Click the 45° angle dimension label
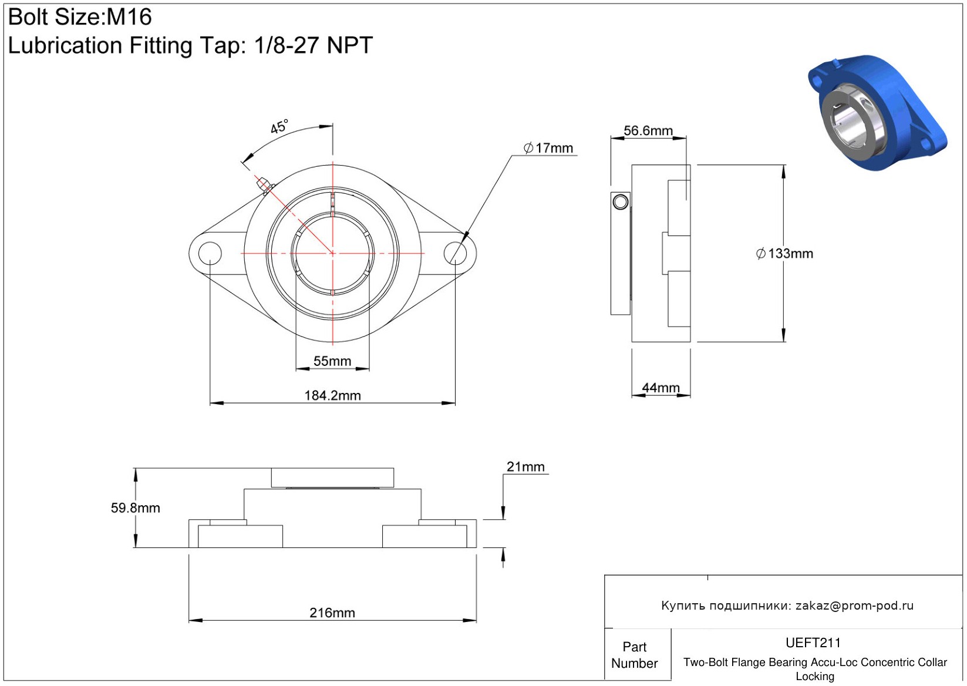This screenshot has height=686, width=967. tap(279, 126)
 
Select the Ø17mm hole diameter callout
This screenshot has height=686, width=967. tap(548, 148)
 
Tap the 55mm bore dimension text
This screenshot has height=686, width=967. tap(332, 361)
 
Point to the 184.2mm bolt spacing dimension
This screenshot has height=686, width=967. tap(332, 395)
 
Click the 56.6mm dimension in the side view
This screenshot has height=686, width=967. tap(648, 130)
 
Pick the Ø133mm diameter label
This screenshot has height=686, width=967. tap(784, 253)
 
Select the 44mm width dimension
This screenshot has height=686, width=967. tap(661, 388)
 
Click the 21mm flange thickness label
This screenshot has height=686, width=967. tap(525, 467)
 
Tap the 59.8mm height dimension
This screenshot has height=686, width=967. tap(135, 507)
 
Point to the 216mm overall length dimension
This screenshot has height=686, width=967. tap(332, 613)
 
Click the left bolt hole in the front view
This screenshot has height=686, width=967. tap(210, 253)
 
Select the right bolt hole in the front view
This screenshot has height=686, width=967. tap(455, 253)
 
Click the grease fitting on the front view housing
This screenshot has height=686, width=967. tap(265, 187)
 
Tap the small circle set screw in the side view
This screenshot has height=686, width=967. tap(621, 202)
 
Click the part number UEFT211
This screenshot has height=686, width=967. tap(813, 643)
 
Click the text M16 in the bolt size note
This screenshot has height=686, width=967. tap(129, 17)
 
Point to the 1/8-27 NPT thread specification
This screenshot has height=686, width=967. tap(313, 45)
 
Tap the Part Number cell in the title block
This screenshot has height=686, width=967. tap(634, 655)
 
